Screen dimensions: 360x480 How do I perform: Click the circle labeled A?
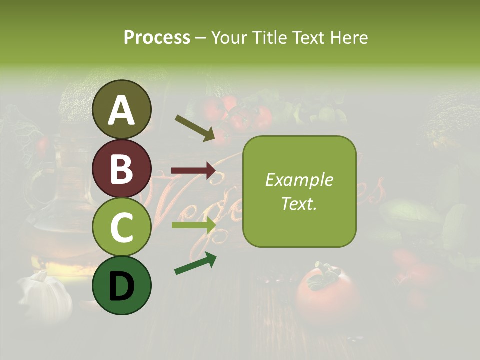(122, 109)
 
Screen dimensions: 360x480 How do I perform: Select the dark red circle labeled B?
(122, 168)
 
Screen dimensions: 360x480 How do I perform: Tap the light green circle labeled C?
(122, 227)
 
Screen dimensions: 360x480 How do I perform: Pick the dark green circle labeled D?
(122, 285)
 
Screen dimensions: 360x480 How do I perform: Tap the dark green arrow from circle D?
(195, 263)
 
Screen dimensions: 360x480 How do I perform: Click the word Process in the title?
(157, 37)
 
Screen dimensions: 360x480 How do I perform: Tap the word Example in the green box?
(299, 180)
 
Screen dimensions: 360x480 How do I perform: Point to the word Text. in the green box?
(299, 203)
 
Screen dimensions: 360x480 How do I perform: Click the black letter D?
(122, 286)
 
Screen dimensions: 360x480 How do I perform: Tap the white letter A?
(122, 110)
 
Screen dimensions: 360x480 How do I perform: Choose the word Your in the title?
(229, 37)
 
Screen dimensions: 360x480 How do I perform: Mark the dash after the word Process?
(200, 38)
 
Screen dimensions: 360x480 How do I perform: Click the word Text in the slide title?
(309, 37)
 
